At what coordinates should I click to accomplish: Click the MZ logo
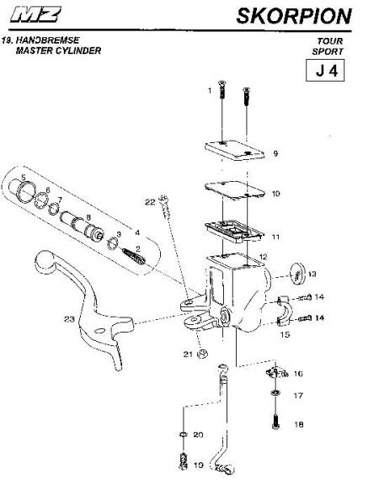point(35,14)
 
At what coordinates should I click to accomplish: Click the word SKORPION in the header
point(294,16)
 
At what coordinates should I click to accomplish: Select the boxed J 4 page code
point(325,71)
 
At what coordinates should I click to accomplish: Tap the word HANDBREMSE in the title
point(47,40)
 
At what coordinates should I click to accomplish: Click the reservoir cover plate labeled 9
point(234,151)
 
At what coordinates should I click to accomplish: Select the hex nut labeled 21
point(203,354)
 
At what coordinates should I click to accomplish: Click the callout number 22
point(150,202)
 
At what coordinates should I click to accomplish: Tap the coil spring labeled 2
point(134,256)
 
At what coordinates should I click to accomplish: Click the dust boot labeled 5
point(23,189)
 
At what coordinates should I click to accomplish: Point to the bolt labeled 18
point(275,422)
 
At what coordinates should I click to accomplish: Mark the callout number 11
point(275,237)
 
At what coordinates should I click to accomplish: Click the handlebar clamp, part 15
point(285,311)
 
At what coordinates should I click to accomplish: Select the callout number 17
point(298,396)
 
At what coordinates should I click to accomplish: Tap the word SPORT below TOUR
point(328,51)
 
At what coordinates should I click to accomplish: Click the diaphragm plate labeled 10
point(234,190)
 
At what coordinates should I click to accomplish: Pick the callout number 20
point(198,434)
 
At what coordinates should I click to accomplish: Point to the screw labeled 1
point(222,90)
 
